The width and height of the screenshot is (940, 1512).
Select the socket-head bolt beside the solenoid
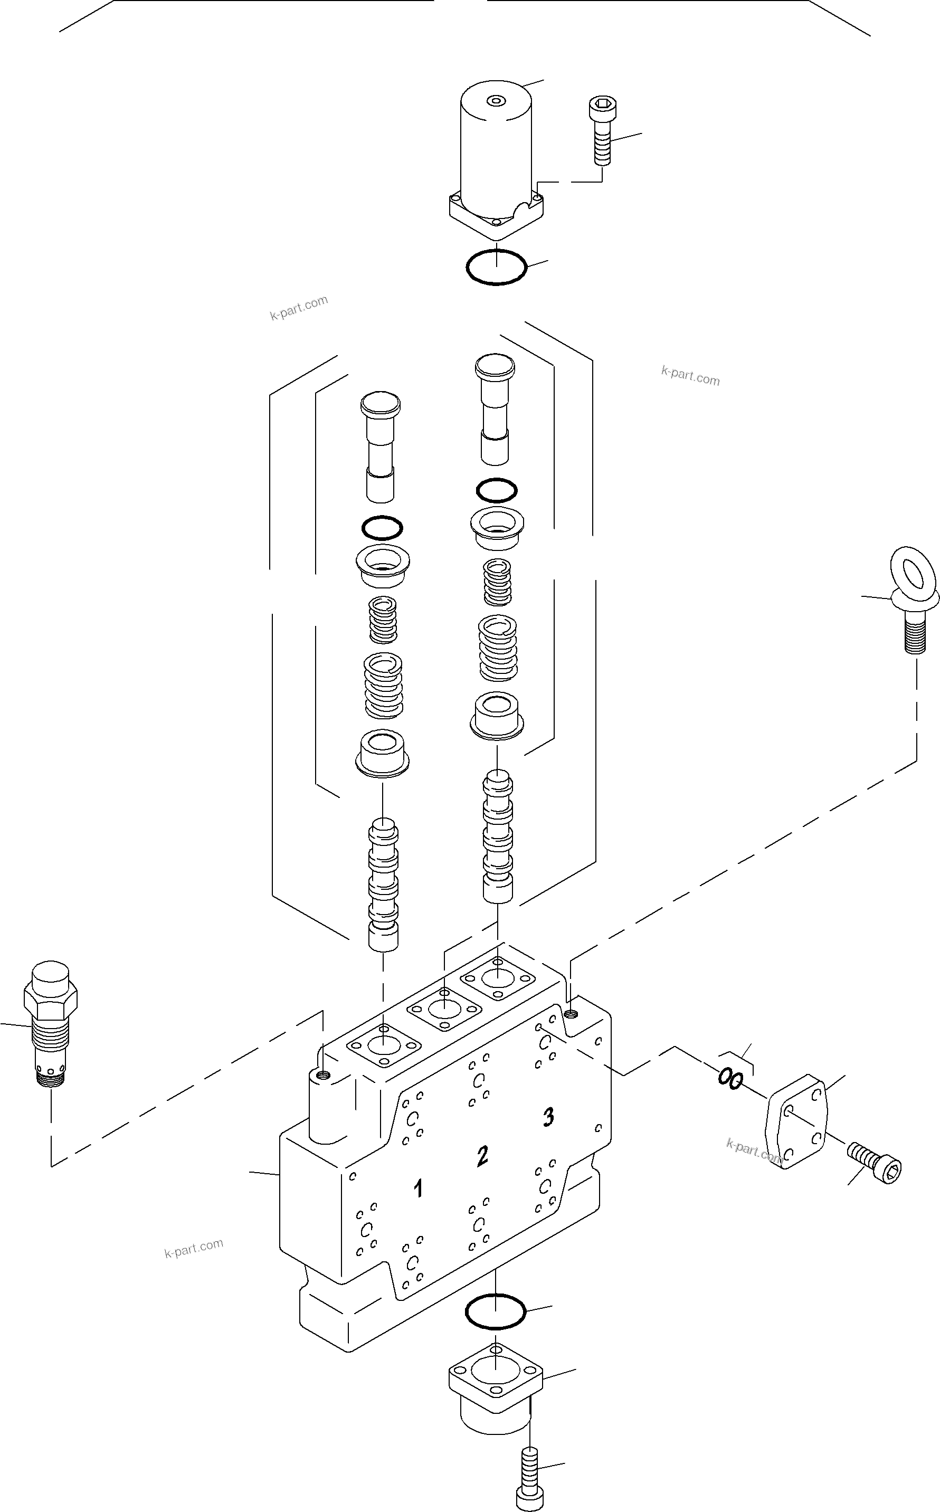[x=601, y=132]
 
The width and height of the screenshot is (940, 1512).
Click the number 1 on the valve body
[x=419, y=1189]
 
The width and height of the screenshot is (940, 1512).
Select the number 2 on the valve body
[x=482, y=1156]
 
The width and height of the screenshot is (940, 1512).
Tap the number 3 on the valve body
[x=548, y=1117]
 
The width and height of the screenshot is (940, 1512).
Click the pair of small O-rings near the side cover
[x=730, y=1079]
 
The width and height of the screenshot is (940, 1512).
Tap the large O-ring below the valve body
[x=496, y=1311]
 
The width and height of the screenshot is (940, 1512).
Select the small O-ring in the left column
[x=382, y=528]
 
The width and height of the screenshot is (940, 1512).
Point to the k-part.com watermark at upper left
[x=298, y=308]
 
